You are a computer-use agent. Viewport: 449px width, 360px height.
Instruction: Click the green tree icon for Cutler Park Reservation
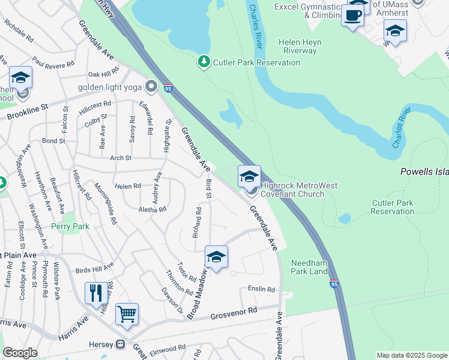[204, 61]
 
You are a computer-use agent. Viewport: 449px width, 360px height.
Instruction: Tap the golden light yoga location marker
[151, 88]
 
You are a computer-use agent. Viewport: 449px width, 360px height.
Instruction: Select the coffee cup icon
[352, 16]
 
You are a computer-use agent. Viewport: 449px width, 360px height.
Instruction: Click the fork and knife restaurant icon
[96, 294]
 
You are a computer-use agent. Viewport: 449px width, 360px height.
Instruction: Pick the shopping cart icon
[127, 314]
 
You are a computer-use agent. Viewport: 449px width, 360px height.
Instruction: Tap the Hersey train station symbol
[120, 344]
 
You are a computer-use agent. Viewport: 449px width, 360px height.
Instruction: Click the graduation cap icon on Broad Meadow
[216, 257]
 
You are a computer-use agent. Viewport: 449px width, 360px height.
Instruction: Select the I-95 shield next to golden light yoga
[168, 89]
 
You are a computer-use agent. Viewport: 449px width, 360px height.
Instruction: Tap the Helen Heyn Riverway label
[300, 47]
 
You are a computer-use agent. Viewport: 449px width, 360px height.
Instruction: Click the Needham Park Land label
[309, 268]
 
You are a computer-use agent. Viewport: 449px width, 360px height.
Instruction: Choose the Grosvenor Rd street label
[234, 313]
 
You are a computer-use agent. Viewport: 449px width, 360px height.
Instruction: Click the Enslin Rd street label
[261, 289]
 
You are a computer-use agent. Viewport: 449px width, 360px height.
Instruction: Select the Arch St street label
[120, 158]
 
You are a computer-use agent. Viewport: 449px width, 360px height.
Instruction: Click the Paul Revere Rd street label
[54, 63]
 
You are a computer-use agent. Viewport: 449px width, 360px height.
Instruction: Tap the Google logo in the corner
[20, 353]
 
